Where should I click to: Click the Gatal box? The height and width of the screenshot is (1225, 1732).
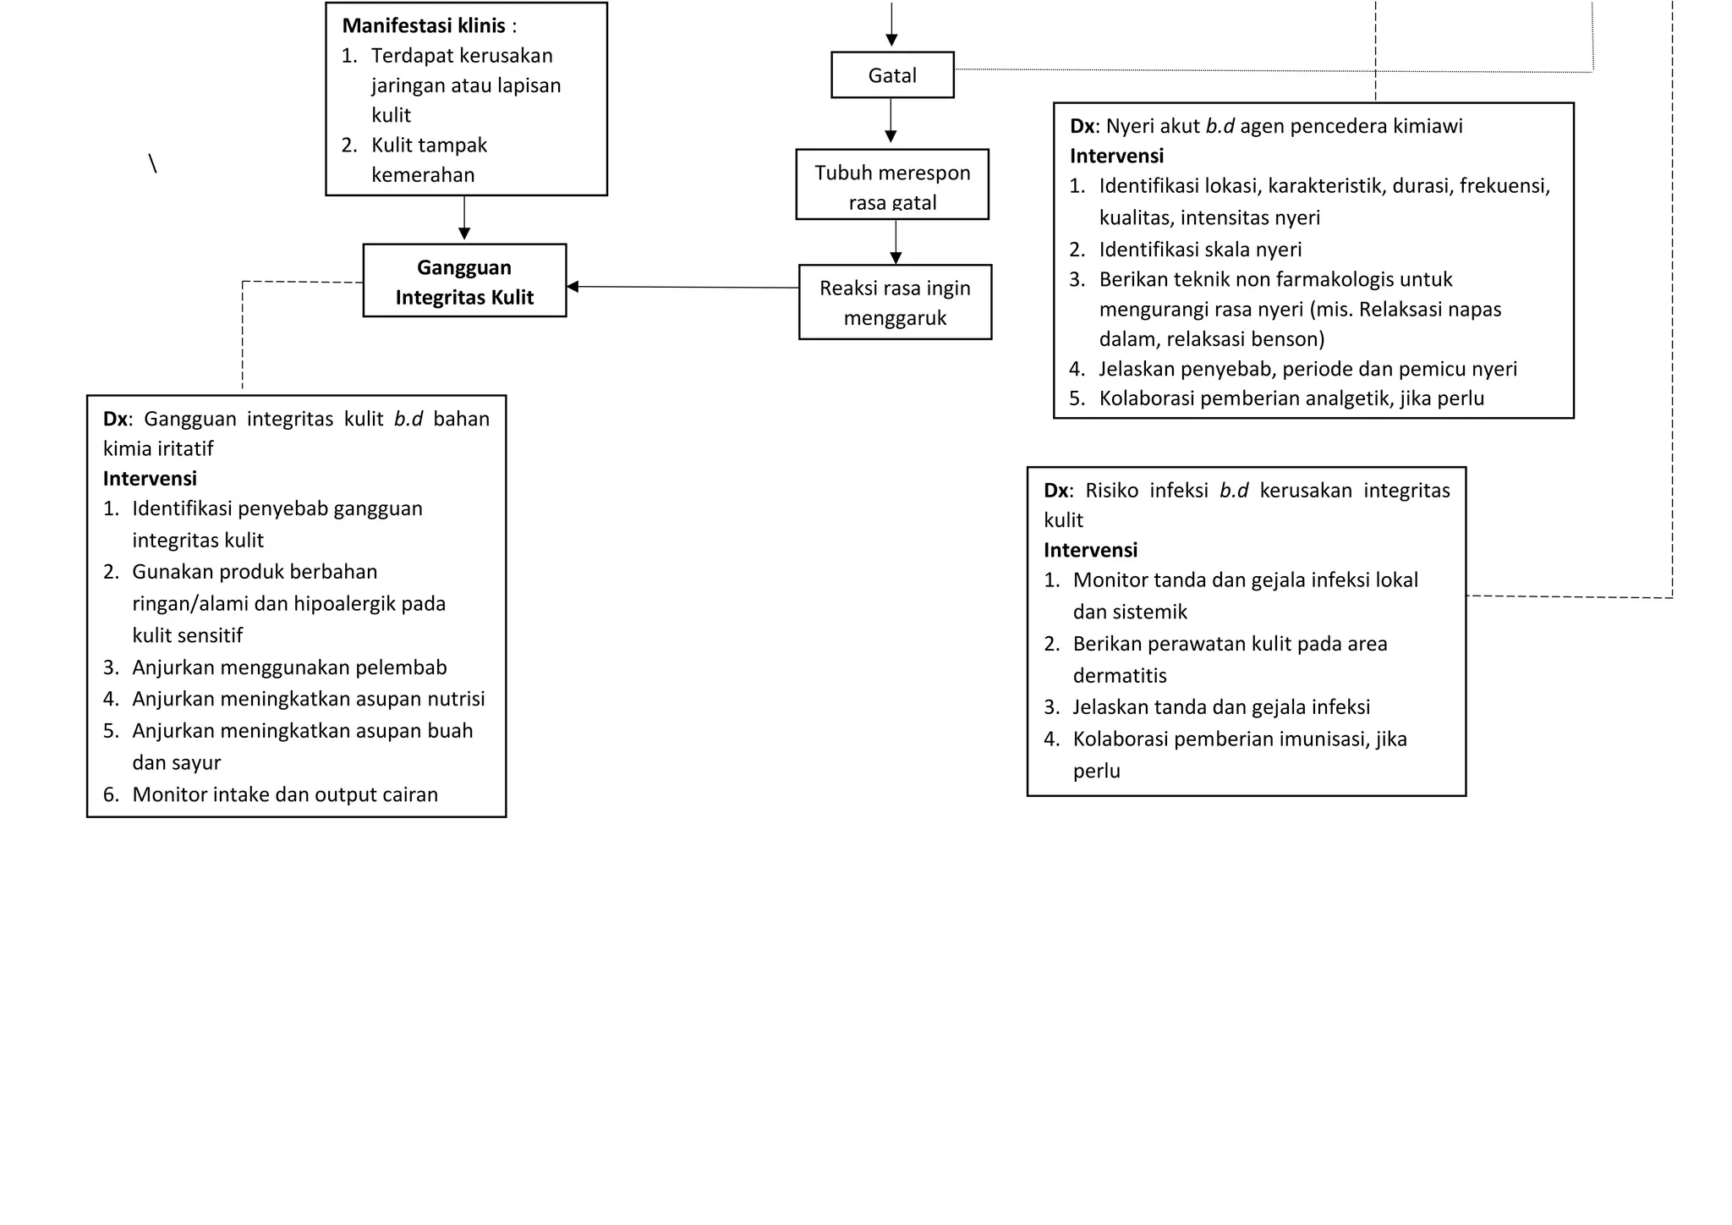[892, 75]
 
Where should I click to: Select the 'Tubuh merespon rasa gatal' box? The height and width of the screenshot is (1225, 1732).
[892, 185]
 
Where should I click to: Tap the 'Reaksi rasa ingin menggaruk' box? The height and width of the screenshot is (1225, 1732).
[895, 302]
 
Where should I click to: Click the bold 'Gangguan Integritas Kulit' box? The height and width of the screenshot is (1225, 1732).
[464, 281]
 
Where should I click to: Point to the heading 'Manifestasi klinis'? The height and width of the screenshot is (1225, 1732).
[424, 26]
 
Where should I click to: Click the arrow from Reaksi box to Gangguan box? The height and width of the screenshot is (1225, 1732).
[682, 288]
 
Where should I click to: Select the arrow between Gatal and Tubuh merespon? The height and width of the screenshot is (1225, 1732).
[891, 121]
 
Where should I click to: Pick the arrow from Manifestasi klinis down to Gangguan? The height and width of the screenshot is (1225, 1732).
[464, 218]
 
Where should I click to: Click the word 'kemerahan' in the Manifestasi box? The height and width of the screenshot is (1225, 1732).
[423, 175]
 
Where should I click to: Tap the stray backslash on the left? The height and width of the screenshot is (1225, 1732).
[152, 164]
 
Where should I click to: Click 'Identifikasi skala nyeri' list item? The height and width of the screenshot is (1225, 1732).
[1199, 250]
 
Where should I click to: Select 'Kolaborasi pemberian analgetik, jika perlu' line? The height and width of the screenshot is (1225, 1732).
[1291, 398]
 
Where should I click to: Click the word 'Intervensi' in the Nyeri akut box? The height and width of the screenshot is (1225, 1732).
[1116, 157]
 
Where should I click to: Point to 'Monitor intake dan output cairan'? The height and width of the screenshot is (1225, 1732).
[285, 795]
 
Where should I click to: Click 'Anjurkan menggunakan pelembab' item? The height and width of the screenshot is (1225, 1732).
[289, 667]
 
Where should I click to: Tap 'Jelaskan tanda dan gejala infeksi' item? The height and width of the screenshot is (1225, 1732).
[1220, 707]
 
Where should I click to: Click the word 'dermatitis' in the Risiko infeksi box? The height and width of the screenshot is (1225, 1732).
[1119, 676]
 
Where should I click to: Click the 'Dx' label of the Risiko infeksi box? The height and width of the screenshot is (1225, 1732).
[1056, 491]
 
